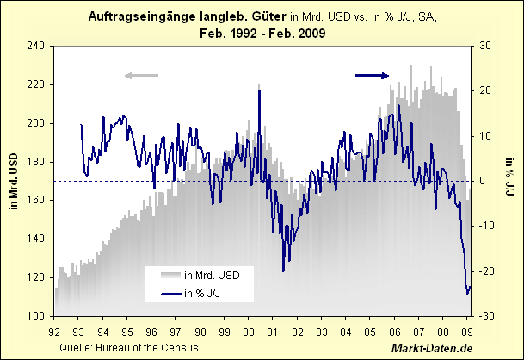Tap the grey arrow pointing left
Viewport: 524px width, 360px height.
142,76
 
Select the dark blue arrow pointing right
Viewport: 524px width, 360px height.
372,76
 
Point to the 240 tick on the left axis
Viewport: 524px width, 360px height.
37,46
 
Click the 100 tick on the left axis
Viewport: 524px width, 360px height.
37,316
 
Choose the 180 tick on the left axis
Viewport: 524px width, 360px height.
37,161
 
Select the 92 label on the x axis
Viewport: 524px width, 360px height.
54,330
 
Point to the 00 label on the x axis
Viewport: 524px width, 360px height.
249,330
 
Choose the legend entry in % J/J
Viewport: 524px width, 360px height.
207,294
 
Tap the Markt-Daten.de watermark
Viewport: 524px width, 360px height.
432,347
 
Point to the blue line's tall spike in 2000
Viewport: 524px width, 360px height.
259,90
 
